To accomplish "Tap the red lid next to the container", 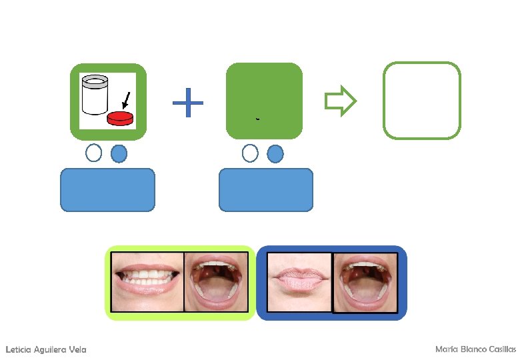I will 120,119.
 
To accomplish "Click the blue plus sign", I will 188,103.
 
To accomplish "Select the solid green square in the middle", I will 264,101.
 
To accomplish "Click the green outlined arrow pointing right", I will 341,101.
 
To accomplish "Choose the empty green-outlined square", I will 422,101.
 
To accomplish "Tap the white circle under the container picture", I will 94,153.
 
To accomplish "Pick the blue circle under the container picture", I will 119,153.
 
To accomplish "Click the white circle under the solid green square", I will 250,153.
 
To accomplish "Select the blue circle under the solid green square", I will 275,153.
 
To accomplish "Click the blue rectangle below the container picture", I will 107,190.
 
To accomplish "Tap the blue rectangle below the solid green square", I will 265,190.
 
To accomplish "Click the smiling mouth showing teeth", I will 147,282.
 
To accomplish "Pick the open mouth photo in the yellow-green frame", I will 215,282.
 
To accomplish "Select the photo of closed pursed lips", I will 299,282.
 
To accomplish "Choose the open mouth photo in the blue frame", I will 364,282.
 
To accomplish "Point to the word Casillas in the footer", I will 501,349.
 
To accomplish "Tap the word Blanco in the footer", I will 470,349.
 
